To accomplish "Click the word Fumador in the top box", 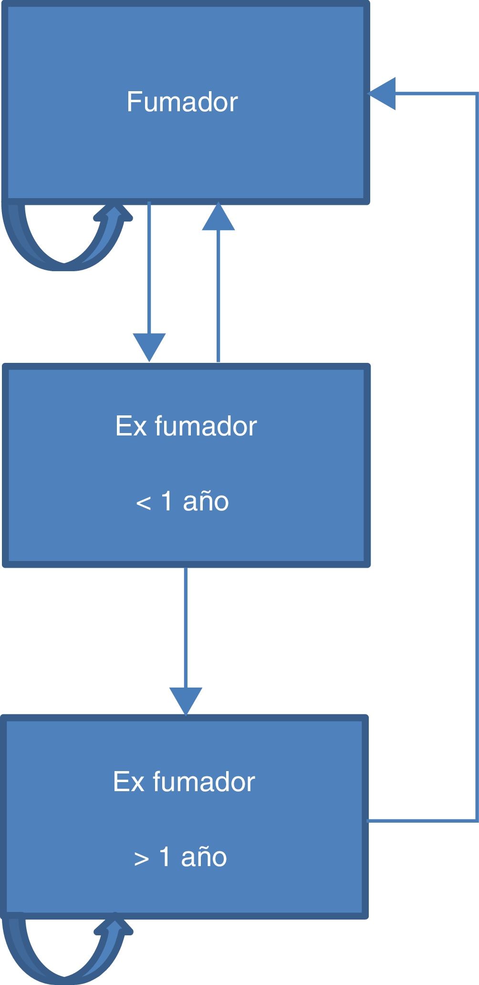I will click(182, 102).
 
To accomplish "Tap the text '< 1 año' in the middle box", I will click(182, 502).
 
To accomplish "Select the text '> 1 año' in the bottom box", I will click(180, 857).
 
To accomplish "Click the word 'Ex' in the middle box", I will click(131, 426).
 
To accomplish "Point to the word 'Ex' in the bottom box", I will click(129, 782).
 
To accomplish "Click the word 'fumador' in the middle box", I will click(206, 426).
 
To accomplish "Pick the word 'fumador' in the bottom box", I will click(204, 782).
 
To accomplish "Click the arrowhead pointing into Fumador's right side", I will click(383, 94).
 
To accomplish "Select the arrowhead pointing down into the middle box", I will click(149, 346).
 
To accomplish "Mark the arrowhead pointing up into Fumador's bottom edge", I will click(219, 217).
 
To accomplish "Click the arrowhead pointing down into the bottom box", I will click(186, 700).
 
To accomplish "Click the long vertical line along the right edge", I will click(477, 454).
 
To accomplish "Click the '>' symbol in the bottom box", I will click(141, 858).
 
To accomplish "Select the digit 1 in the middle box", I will click(167, 501).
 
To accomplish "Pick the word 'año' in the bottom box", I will click(204, 857).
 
